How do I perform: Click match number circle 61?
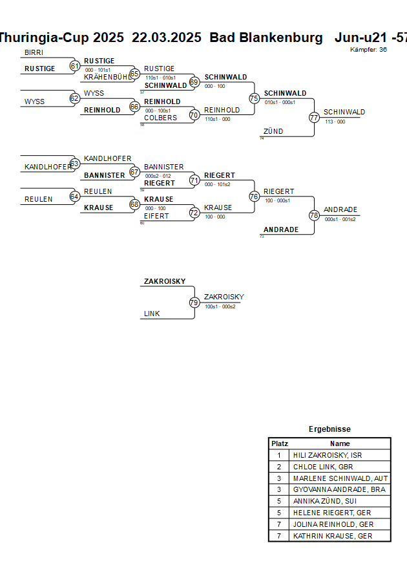tap(75, 65)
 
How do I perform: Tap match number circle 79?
tap(194, 302)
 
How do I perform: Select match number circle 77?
tap(314, 117)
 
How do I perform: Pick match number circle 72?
tap(194, 212)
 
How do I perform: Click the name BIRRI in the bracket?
tap(33, 52)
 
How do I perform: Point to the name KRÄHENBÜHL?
tap(107, 77)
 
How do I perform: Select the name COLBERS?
tap(160, 118)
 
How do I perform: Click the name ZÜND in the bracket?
tap(273, 132)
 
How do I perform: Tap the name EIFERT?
tap(156, 216)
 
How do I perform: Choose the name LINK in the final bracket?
tap(152, 314)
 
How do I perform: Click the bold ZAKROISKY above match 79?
tap(165, 282)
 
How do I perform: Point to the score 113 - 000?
tap(335, 122)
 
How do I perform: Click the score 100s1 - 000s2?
tap(220, 306)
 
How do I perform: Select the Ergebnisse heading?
tap(329, 429)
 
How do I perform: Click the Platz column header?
tap(280, 443)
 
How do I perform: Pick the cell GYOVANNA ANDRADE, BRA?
tap(339, 490)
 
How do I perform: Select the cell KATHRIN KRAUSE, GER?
tap(333, 537)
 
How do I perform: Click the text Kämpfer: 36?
tap(368, 49)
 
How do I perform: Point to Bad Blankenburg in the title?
tap(266, 37)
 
